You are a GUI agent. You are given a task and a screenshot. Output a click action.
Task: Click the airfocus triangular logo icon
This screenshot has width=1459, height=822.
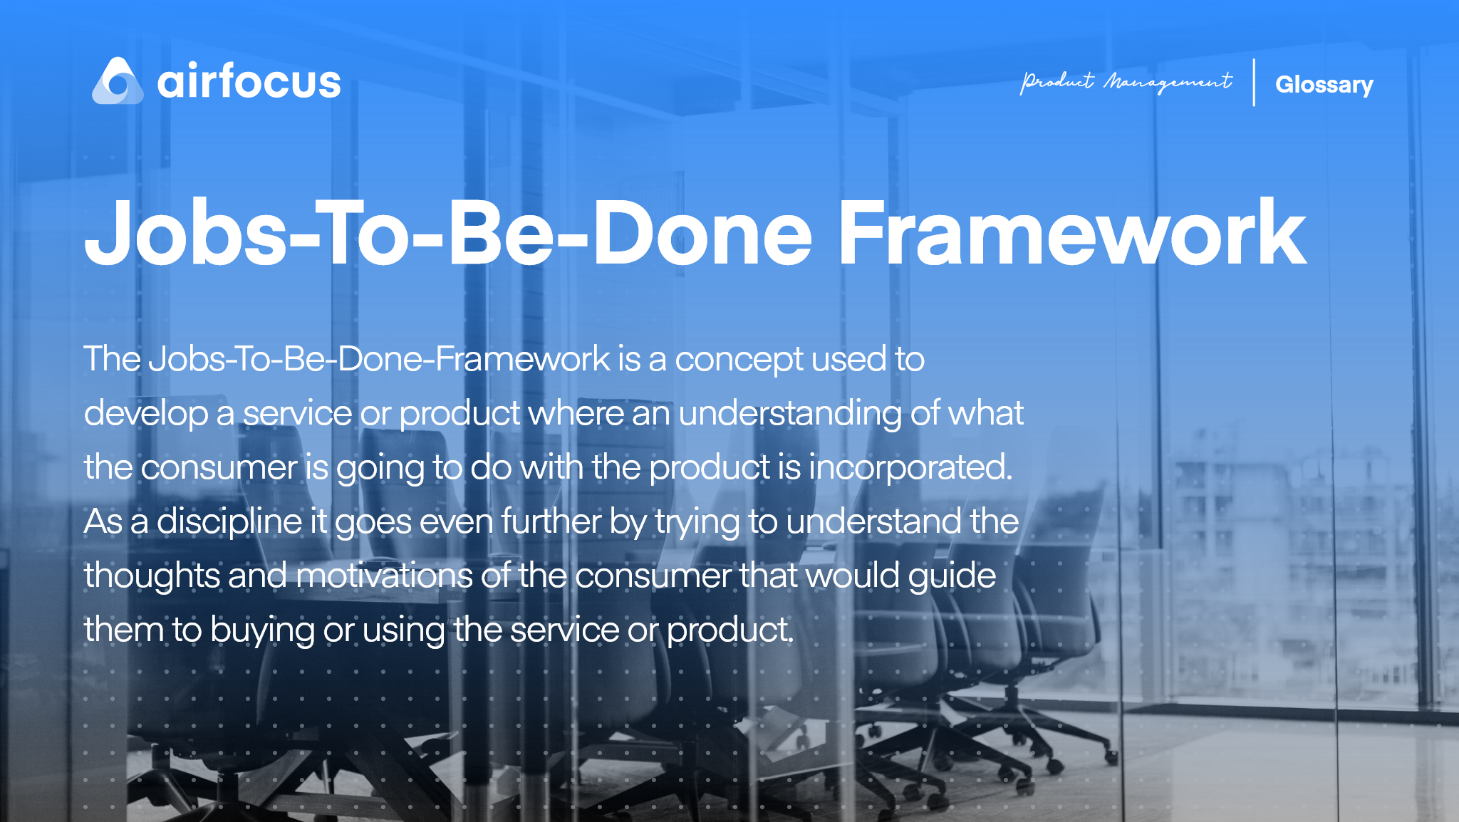[118, 82]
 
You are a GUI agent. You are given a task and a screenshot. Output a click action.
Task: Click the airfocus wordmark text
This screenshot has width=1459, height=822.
[249, 82]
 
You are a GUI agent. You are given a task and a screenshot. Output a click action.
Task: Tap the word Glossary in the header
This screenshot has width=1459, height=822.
[1324, 85]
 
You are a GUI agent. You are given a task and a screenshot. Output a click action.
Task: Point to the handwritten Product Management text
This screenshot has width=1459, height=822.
[1126, 83]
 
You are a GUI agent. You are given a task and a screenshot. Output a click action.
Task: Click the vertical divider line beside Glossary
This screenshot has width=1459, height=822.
[1254, 83]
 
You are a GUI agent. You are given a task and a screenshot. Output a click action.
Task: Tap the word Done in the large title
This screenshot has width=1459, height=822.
[702, 234]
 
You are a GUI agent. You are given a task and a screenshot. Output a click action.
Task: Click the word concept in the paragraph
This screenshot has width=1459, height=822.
[739, 360]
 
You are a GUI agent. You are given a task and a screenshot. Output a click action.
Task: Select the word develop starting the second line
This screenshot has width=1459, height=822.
[145, 414]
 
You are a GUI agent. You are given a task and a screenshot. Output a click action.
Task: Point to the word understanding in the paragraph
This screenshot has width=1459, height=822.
[789, 414]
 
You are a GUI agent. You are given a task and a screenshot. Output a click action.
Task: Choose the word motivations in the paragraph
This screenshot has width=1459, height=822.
[384, 576]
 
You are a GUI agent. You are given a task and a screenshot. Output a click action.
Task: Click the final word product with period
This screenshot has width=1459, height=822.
[729, 630]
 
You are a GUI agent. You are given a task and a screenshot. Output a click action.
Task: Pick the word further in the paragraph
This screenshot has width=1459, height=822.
[551, 521]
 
